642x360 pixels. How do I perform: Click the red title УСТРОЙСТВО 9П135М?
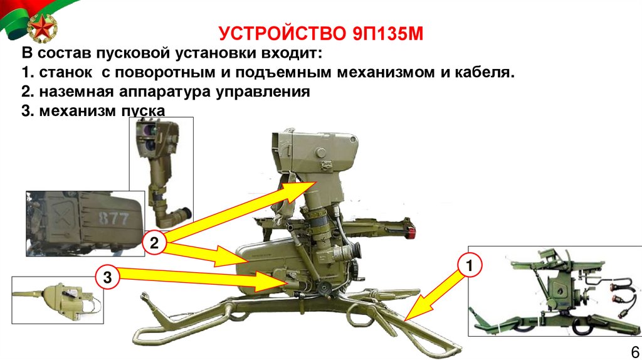point(320,34)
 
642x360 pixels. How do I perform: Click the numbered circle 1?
point(469,265)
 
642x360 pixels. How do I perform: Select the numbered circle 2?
point(154,243)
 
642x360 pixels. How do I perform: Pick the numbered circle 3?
point(107,277)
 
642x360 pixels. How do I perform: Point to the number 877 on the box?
point(113,218)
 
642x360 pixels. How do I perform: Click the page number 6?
point(635,352)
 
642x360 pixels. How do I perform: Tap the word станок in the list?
point(65,73)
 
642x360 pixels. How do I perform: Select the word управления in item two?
point(263,92)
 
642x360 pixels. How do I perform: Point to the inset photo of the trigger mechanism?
point(57,300)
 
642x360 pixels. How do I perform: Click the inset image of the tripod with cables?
point(555,291)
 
